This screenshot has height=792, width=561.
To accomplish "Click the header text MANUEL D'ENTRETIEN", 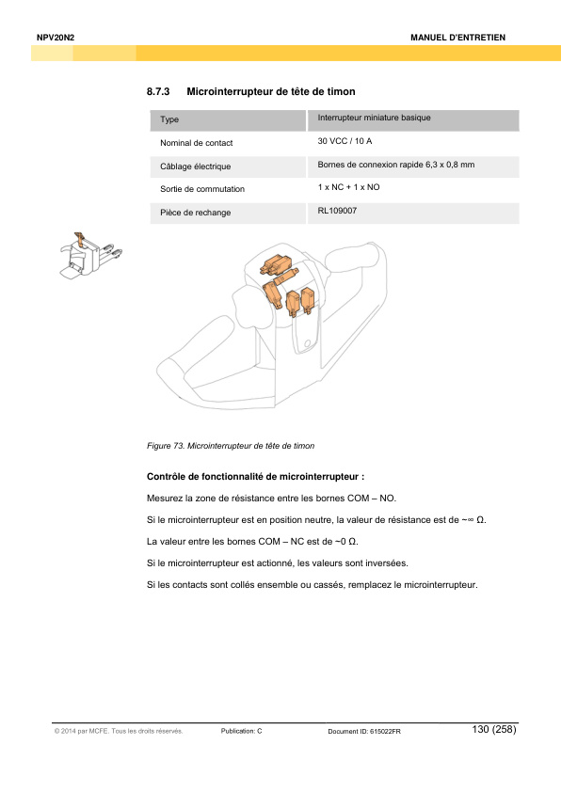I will click(x=458, y=37).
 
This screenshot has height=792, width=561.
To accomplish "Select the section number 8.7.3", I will click(x=157, y=91).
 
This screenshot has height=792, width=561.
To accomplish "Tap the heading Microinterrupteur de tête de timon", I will click(x=270, y=91).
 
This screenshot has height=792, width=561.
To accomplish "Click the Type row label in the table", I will click(x=169, y=120).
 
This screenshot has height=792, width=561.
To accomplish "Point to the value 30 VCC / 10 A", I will click(x=345, y=141).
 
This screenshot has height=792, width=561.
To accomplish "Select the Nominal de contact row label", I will click(x=197, y=143).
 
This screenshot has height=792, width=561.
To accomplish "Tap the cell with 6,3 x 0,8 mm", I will click(x=446, y=165).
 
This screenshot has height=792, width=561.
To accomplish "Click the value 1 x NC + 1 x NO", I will click(x=349, y=187).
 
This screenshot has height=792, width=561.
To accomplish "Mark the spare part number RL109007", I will click(x=337, y=211).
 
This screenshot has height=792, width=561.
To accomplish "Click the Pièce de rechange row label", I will click(x=195, y=213).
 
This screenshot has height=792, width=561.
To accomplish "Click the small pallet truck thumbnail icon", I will click(x=89, y=255).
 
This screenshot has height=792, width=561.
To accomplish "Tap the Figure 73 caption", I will click(x=231, y=444).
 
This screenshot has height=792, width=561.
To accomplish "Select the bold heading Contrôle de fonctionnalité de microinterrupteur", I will click(x=255, y=477).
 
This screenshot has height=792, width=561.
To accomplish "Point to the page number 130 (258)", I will click(x=494, y=729).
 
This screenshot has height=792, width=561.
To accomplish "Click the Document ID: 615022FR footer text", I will click(x=363, y=732).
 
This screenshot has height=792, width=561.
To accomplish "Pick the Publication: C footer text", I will click(x=241, y=731).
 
